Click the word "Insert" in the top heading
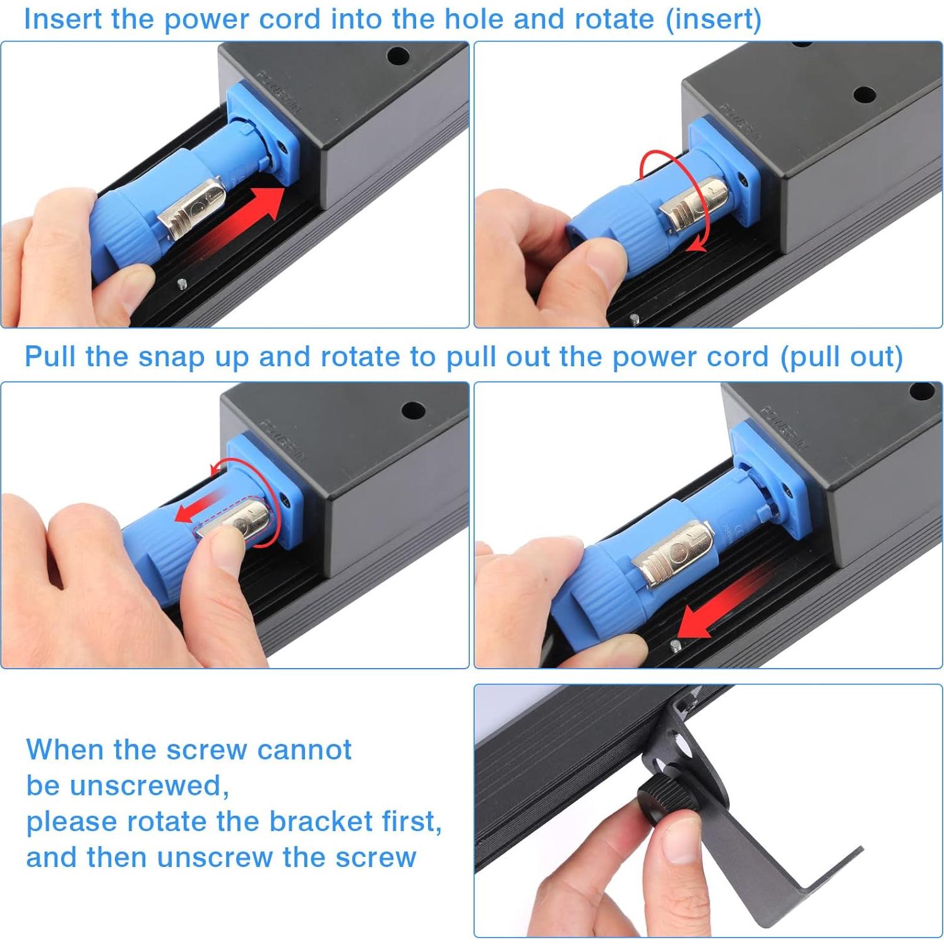(63, 19)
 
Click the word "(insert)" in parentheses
(714, 20)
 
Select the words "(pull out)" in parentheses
(842, 357)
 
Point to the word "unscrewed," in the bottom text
(150, 786)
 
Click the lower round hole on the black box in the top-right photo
(864, 95)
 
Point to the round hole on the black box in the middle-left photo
(413, 411)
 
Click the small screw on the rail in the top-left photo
(182, 284)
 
